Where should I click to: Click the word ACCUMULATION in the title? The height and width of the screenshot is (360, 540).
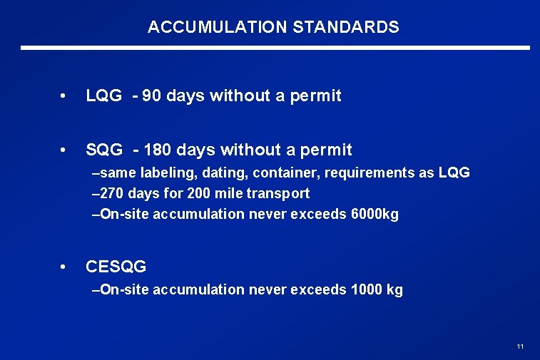(x=216, y=28)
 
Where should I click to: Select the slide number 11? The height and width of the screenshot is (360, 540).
(x=520, y=346)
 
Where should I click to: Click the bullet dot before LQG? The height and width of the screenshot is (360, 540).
(x=65, y=96)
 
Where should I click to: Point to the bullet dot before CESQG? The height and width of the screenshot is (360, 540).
(x=65, y=267)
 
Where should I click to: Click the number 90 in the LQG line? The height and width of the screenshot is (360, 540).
(x=152, y=96)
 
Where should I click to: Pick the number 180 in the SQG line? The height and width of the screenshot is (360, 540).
(x=157, y=150)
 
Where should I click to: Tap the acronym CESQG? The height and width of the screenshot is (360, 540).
(x=116, y=267)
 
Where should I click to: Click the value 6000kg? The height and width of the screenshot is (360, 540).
(x=375, y=214)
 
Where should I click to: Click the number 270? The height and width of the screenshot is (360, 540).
(x=112, y=193)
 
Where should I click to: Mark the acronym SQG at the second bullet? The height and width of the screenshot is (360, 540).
(x=104, y=150)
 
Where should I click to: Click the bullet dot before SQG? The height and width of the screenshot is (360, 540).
(x=65, y=150)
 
